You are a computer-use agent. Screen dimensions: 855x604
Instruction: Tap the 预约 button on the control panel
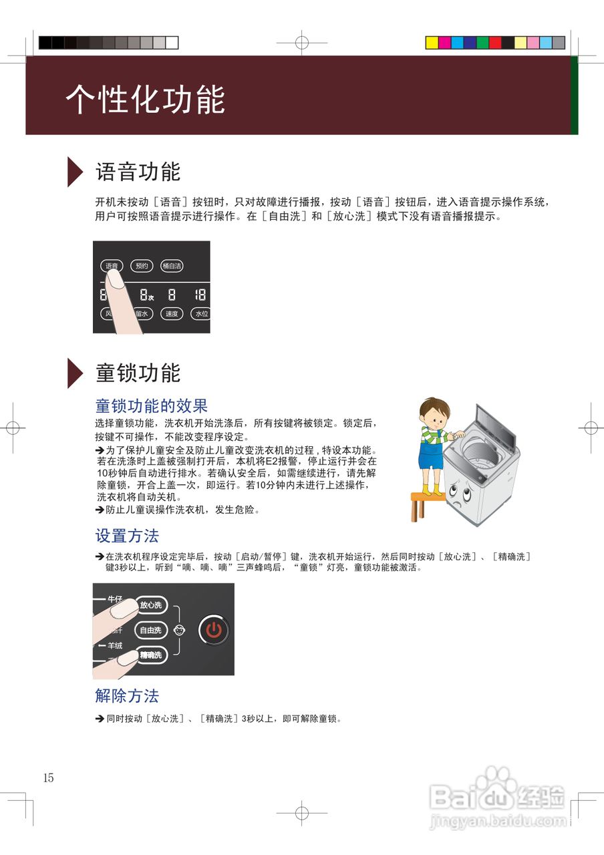pyautogui.click(x=142, y=265)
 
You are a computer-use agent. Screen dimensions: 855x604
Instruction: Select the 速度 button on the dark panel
pyautogui.click(x=172, y=313)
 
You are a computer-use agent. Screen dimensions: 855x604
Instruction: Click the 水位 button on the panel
pyautogui.click(x=200, y=313)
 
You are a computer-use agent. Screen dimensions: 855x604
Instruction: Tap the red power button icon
pyautogui.click(x=214, y=629)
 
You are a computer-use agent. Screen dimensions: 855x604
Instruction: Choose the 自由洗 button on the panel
pyautogui.click(x=150, y=630)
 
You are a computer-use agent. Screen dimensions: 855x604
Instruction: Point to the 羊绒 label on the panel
pyautogui.click(x=114, y=645)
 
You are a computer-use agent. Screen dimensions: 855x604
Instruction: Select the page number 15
pyautogui.click(x=48, y=778)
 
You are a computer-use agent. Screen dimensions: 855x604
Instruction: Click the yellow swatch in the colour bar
pyautogui.click(x=432, y=43)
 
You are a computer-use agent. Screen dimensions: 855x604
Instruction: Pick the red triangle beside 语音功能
pyautogui.click(x=75, y=172)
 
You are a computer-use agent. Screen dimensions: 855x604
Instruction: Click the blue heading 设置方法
pyautogui.click(x=127, y=536)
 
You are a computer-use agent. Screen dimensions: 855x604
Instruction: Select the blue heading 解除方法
pyautogui.click(x=127, y=696)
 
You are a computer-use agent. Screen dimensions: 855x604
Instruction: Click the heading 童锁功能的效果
pyautogui.click(x=152, y=405)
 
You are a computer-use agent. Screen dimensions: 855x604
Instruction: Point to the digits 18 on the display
pyautogui.click(x=200, y=295)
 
